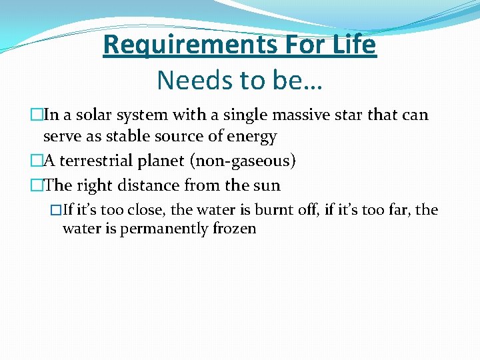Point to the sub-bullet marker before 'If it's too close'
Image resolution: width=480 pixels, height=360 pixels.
[56, 210]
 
